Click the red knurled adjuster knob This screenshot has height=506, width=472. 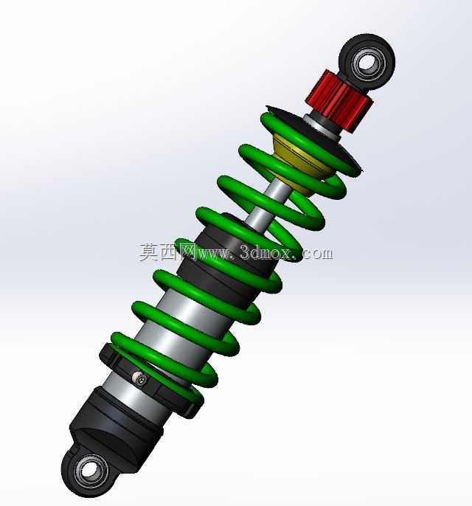pos(339,101)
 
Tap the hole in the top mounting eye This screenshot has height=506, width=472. pos(367,62)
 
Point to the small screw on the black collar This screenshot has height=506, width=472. pos(140,378)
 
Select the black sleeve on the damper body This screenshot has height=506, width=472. pos(226,258)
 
